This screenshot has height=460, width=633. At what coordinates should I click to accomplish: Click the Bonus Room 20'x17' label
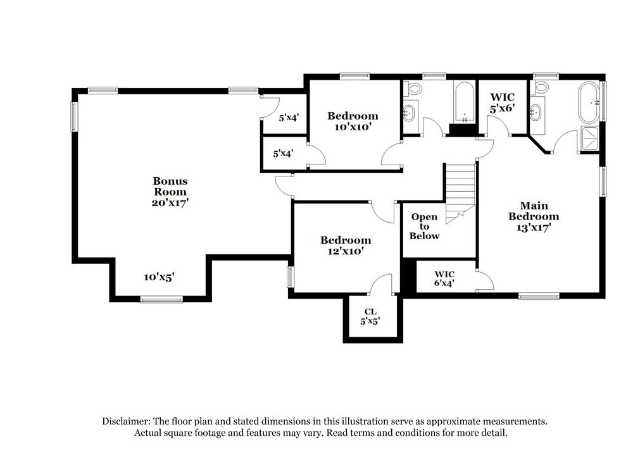point(170,192)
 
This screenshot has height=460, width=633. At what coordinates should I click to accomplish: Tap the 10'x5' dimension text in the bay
point(159,277)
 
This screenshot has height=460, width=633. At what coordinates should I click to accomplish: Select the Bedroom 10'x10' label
point(353,121)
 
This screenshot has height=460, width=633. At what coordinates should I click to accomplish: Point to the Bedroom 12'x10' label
point(345,246)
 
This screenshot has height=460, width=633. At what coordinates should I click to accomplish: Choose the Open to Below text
point(424,227)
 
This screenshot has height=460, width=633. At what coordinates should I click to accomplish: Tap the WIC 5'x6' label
point(503,103)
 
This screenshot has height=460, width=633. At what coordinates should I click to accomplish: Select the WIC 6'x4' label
point(444,278)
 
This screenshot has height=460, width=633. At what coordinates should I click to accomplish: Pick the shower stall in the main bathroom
point(588,140)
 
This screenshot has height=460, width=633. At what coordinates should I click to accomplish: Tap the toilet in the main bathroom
point(542,87)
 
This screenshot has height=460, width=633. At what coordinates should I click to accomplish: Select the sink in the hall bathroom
point(410,114)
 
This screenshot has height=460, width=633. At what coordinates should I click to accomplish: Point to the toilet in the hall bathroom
point(415,87)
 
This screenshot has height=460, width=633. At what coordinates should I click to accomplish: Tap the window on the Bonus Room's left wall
point(74,116)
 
